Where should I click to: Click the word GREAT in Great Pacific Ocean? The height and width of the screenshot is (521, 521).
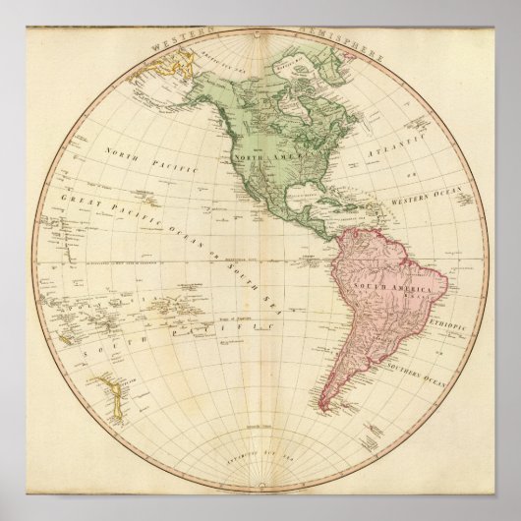pos(78,201)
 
